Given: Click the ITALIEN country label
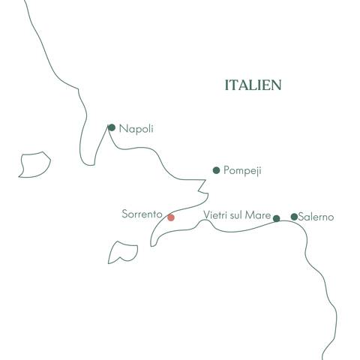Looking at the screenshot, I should pos(253,85).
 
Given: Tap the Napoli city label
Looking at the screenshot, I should pos(136,129).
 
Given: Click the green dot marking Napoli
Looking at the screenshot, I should pos(112,127).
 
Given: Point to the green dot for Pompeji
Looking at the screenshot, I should pos(217,170).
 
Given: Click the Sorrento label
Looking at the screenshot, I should pos(142,214).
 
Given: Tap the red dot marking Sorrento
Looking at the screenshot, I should pos(171,218).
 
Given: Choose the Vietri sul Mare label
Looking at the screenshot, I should pos(237,216).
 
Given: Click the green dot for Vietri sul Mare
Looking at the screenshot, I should pos(276,218).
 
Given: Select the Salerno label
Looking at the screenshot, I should pos(316,217).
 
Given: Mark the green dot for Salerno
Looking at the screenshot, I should pos(294,217).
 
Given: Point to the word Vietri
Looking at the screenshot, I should pos(215,216).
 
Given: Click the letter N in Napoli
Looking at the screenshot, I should pos(122,129).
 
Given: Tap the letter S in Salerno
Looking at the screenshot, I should pos(301,217).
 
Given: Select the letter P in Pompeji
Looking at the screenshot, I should pos(226,171).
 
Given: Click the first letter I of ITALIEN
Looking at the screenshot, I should pos(226,85).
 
